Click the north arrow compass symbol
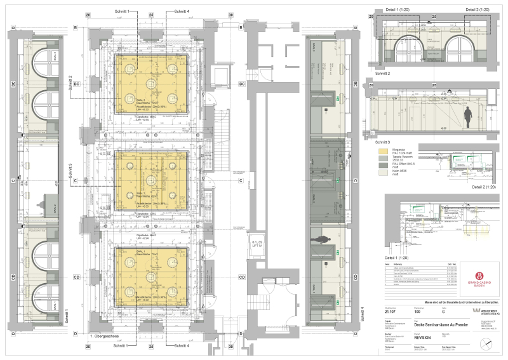tap(486, 343)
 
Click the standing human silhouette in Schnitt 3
tap(468, 117)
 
